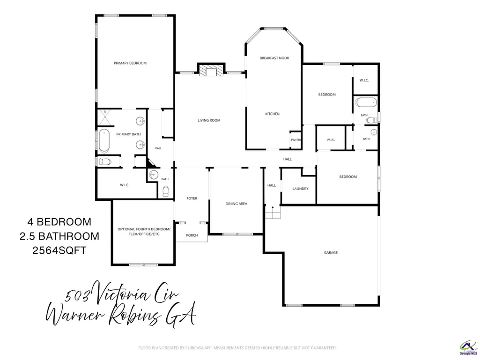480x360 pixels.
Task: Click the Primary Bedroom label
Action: [x=130, y=63]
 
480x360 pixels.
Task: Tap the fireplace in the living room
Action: [x=211, y=70]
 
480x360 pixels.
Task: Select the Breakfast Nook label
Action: [x=274, y=58]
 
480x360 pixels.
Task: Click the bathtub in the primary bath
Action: [x=104, y=141]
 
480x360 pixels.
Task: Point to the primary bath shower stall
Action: [x=105, y=117]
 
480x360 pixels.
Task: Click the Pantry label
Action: [x=296, y=140]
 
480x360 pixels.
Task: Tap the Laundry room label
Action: [x=300, y=189]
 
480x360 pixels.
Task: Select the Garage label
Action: [x=331, y=252]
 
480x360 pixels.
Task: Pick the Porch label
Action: [x=192, y=235]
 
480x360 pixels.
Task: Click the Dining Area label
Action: [x=236, y=204]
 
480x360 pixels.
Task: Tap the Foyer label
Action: [x=192, y=198]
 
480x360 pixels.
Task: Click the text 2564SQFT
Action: [x=59, y=250]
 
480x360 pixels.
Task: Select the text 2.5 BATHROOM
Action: [x=59, y=236]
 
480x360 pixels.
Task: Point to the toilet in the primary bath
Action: [x=105, y=162]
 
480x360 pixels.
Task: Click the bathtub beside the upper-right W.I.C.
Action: [x=366, y=102]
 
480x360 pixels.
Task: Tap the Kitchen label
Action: [x=272, y=114]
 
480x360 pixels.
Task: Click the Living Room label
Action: [x=209, y=120]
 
